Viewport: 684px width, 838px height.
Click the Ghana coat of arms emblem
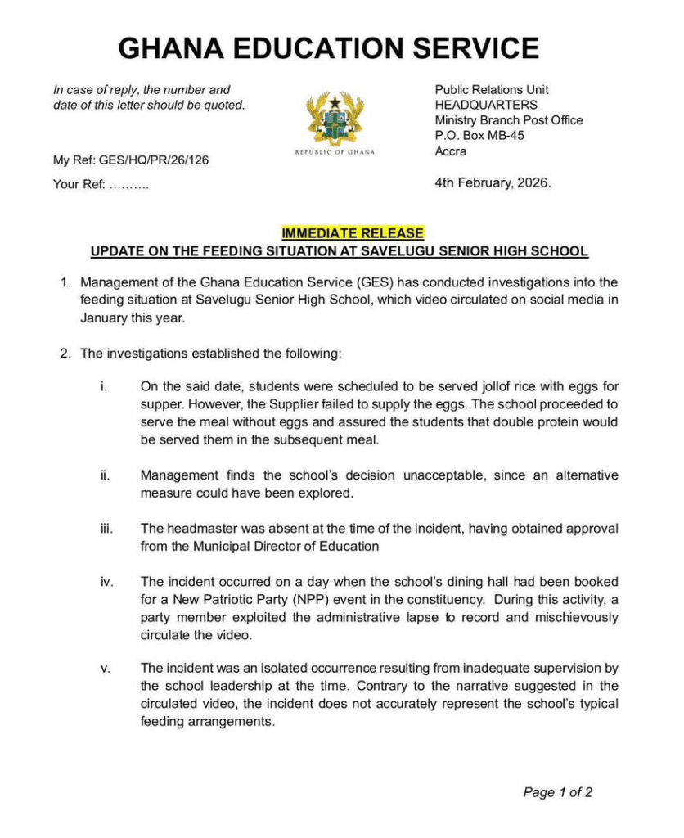click(x=335, y=119)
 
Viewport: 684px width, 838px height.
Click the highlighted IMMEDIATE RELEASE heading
click(x=353, y=234)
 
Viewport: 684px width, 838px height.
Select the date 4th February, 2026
click(x=493, y=182)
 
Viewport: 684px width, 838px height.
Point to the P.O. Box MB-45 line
click(x=479, y=136)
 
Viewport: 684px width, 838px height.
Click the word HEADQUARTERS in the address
click(x=486, y=105)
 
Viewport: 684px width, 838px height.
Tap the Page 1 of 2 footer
click(x=557, y=791)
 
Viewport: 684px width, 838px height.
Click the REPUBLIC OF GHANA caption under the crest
click(x=335, y=152)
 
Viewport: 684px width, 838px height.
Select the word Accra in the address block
click(x=451, y=151)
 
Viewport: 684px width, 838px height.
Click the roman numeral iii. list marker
click(x=107, y=529)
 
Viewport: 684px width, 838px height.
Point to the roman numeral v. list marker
click(x=105, y=668)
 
